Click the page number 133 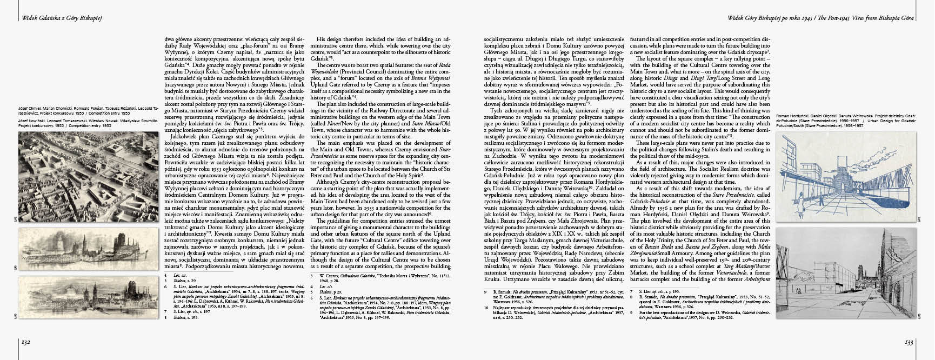(x=909, y=342)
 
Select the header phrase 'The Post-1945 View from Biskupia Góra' (x=861, y=18)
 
